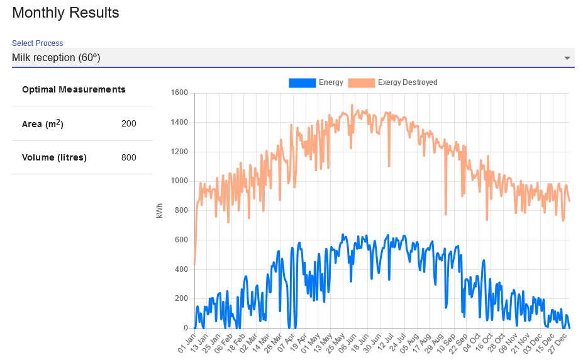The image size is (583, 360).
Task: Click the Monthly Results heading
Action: (65, 13)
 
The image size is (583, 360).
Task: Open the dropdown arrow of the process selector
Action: (567, 58)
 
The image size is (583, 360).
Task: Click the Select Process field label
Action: (38, 43)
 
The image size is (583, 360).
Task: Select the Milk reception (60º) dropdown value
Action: (56, 58)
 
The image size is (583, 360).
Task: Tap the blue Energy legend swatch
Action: (303, 82)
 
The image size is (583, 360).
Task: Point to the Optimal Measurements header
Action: (74, 89)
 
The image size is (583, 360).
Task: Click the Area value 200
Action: (128, 124)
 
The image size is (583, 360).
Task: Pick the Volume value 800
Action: (128, 157)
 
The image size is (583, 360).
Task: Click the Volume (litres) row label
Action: (54, 157)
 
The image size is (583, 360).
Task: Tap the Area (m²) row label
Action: (43, 124)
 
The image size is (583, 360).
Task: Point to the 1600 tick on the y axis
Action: (179, 93)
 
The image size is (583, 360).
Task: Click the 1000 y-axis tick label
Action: (179, 181)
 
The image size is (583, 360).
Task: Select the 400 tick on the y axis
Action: (181, 269)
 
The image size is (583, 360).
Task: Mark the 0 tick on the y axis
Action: (186, 328)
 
